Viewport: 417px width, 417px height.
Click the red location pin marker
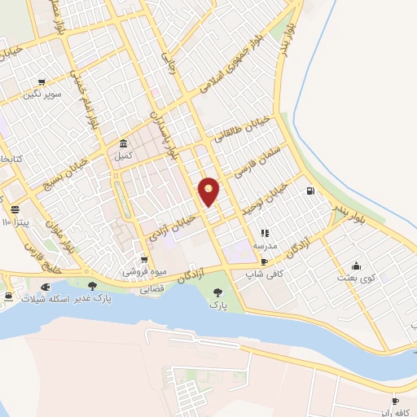[x=209, y=191]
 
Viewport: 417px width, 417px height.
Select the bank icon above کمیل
[x=123, y=142]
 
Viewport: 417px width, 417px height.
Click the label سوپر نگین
[x=42, y=95]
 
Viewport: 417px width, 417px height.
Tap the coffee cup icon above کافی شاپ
[x=264, y=262]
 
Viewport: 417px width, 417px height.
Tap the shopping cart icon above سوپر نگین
[x=42, y=83]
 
